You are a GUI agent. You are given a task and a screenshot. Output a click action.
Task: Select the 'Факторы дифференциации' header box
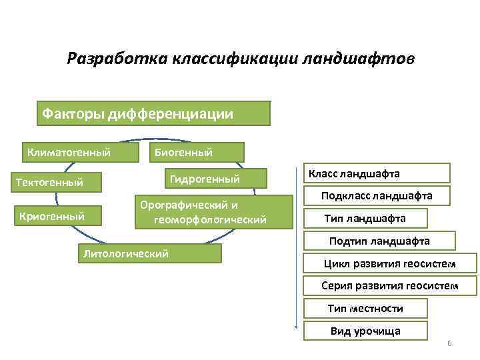153,113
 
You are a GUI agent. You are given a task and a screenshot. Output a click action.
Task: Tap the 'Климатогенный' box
79,152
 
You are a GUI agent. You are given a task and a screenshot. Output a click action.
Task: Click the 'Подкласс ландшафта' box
377,195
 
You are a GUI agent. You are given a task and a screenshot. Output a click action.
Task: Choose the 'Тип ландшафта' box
374,218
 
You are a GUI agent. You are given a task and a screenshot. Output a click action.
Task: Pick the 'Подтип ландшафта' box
379,241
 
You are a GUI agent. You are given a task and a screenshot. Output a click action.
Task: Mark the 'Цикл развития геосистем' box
389,263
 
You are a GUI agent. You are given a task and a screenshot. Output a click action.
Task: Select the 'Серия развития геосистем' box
389,285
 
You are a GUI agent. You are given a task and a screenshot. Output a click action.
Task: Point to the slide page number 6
449,343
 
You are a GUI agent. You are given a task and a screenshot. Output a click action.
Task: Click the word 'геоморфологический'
209,219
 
